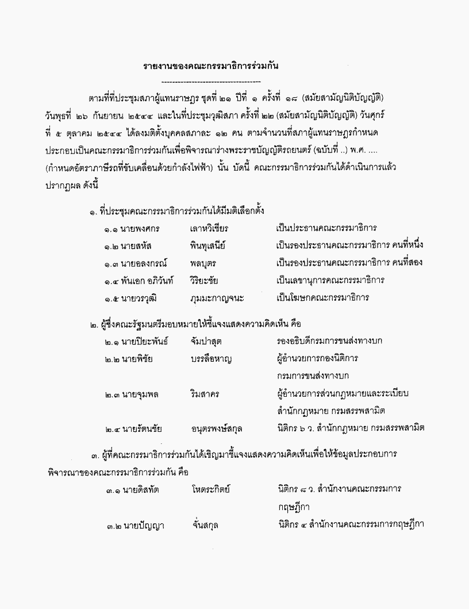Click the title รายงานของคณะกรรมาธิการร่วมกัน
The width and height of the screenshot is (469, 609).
[x=211, y=67]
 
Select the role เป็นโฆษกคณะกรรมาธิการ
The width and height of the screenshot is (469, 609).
[x=322, y=298]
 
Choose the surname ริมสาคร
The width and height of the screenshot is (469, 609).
[x=204, y=394]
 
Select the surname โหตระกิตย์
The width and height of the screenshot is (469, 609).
[x=212, y=489]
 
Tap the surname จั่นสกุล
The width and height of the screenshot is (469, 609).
[x=206, y=525]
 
